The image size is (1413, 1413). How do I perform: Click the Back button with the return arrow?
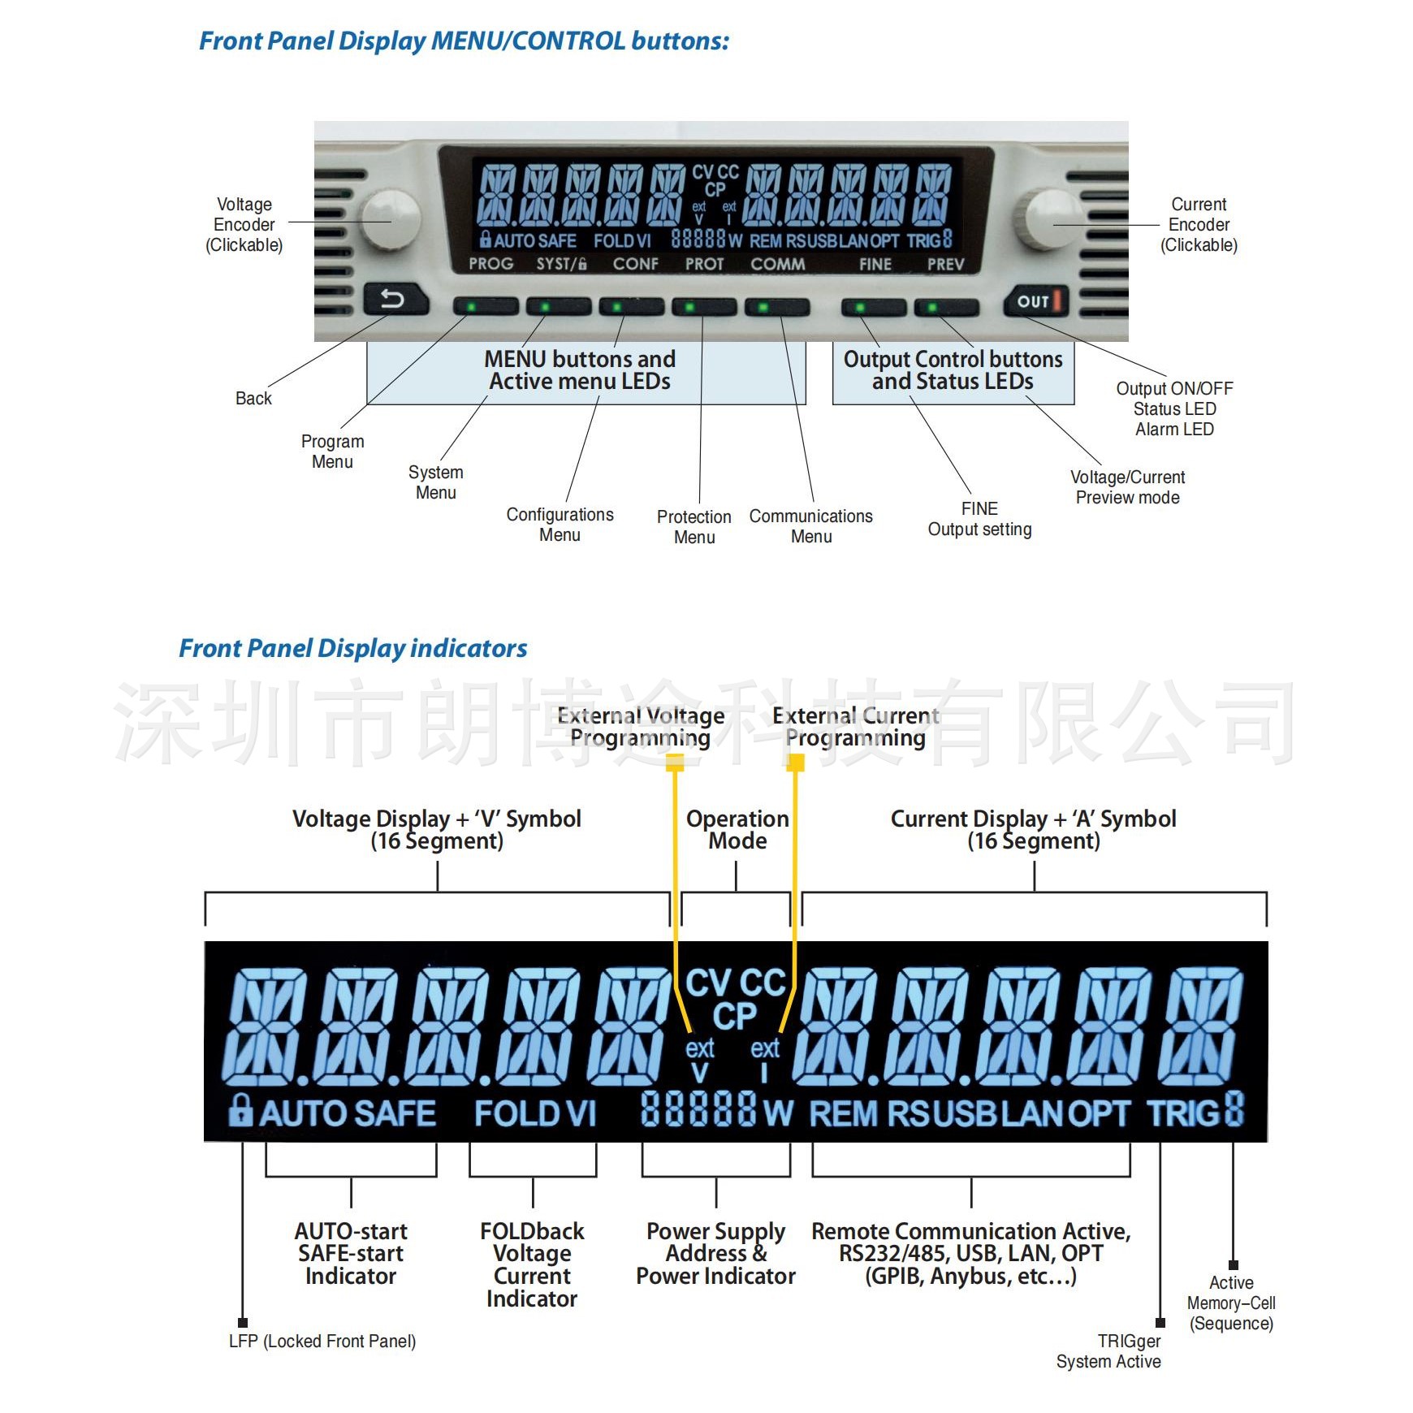(x=395, y=300)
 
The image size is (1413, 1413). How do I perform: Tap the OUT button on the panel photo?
(x=1035, y=301)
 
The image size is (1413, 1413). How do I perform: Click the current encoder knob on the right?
(x=1052, y=219)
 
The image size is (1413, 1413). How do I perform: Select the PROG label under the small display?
(x=490, y=264)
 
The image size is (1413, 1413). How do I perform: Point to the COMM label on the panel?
(x=777, y=264)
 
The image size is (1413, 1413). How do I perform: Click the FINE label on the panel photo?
(x=875, y=264)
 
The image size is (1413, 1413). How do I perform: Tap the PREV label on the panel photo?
(x=945, y=264)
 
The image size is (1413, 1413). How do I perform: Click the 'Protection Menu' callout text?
(x=694, y=527)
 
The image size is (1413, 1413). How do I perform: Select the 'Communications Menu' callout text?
(x=810, y=526)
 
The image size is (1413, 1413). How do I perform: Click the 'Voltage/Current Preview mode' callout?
(x=1127, y=487)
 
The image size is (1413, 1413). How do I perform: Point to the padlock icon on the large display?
(x=240, y=1109)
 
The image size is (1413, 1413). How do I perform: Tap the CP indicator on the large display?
(x=735, y=1017)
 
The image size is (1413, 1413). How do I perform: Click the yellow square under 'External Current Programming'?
(x=796, y=763)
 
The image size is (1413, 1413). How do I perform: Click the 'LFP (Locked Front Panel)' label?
(x=322, y=1341)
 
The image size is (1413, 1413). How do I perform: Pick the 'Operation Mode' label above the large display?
(x=737, y=829)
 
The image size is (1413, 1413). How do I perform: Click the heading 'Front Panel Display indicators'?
(x=352, y=648)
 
